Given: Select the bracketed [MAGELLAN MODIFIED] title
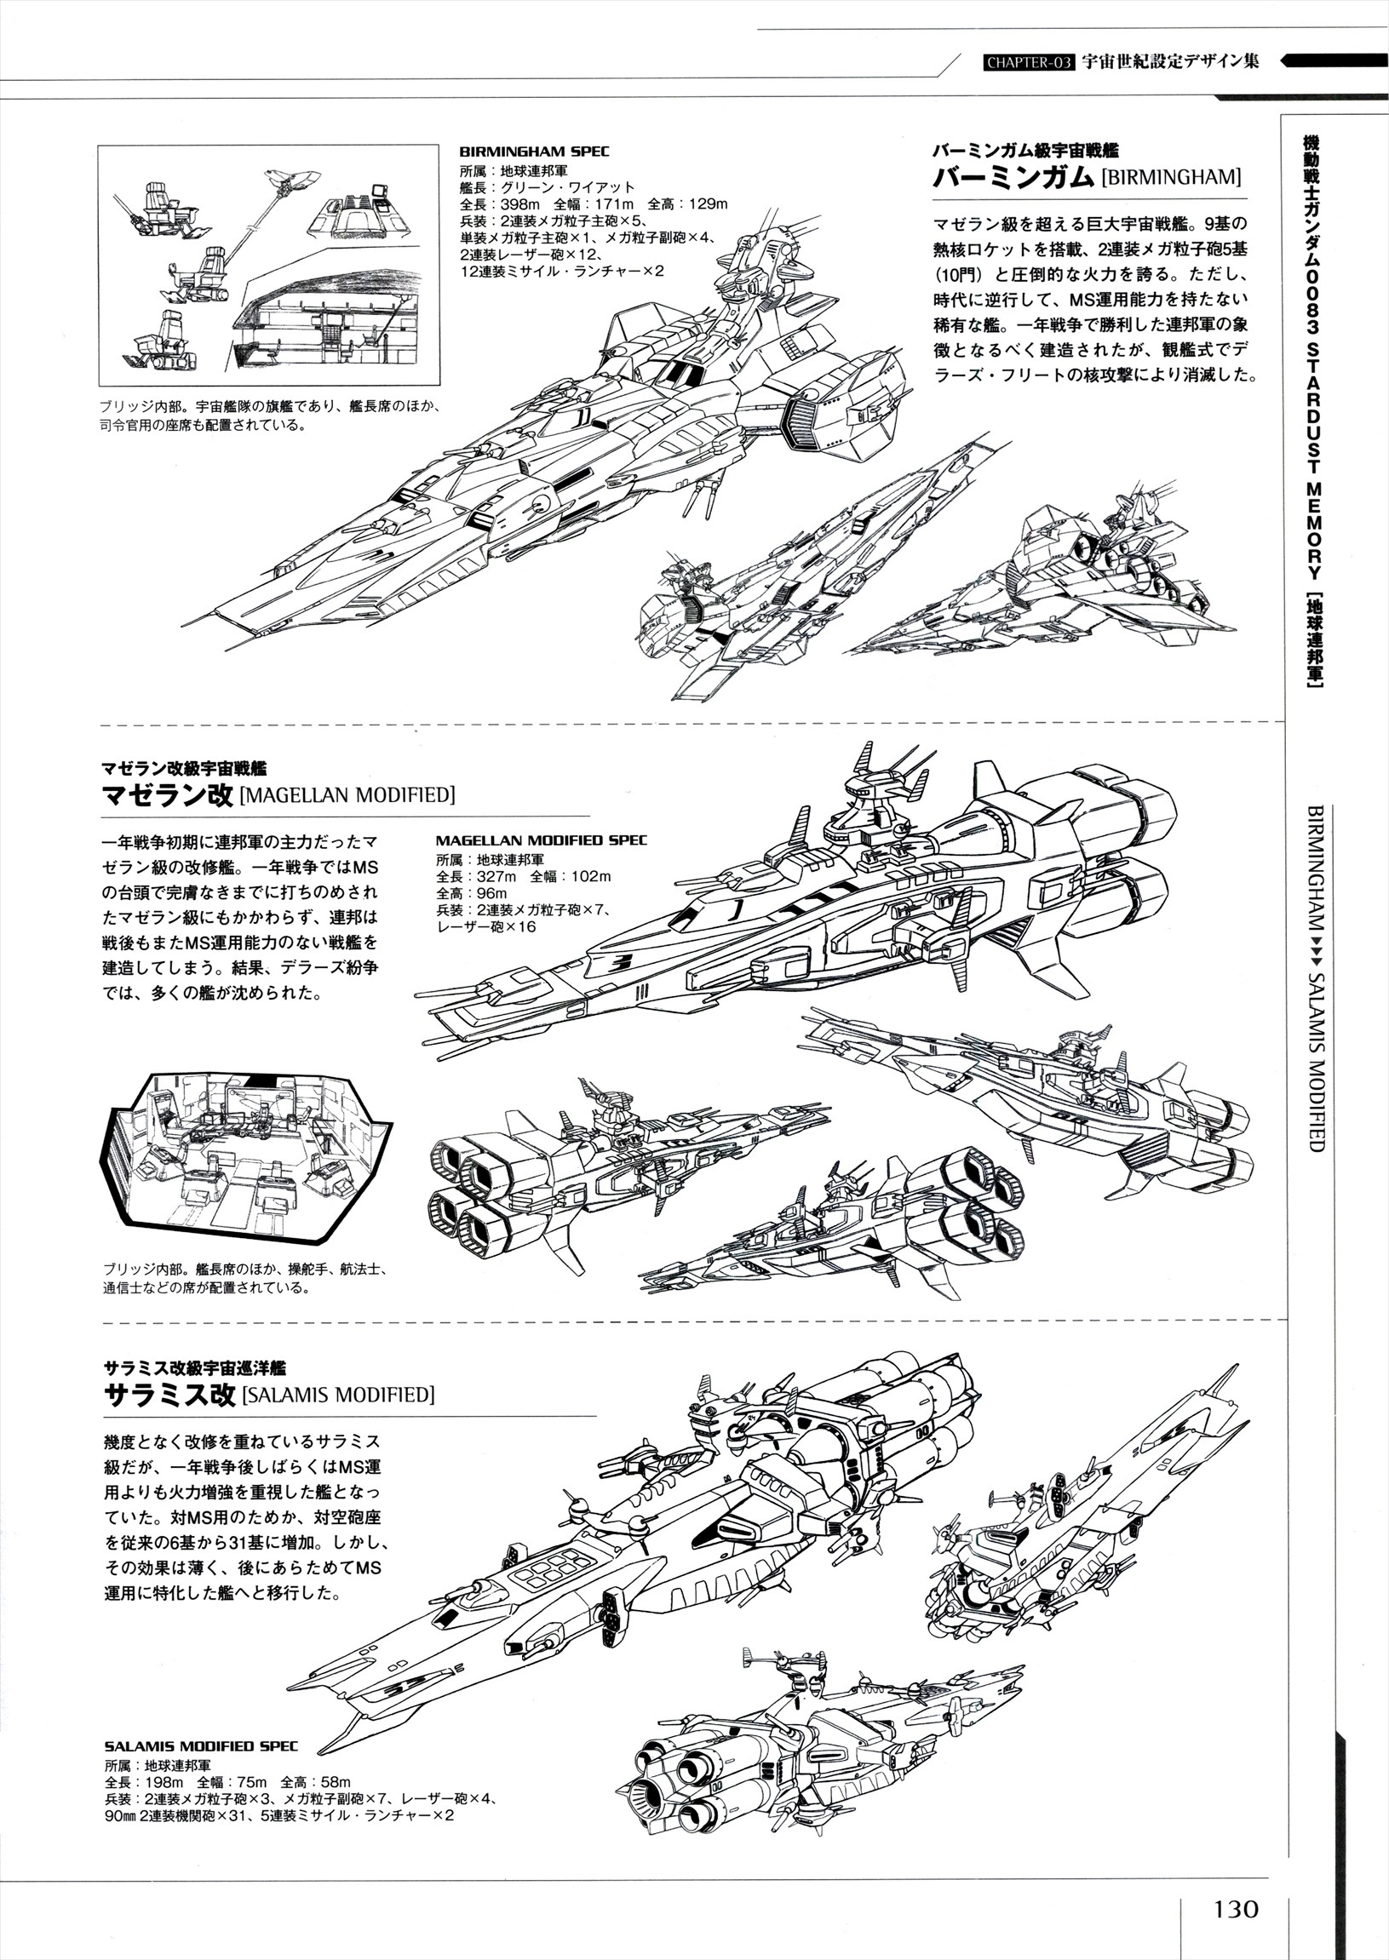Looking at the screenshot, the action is pos(347,794).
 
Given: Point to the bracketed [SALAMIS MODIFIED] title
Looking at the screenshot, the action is pos(339,1395).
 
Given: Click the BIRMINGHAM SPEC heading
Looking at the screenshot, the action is pos(534,152).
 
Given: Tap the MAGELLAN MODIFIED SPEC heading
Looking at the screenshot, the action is pos(542,840).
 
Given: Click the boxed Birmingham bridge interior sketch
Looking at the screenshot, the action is pos(268,265).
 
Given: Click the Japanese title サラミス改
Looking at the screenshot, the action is pos(169,1395).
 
